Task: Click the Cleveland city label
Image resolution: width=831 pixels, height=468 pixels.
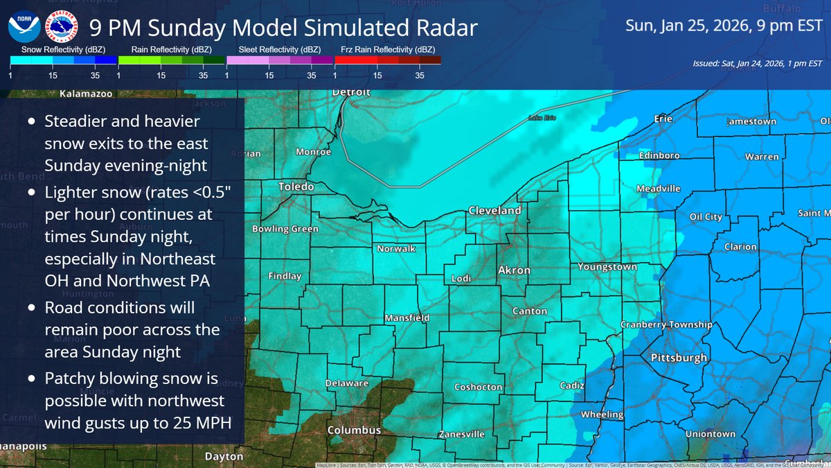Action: pyautogui.click(x=494, y=210)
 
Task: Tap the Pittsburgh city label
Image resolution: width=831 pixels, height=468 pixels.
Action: pyautogui.click(x=679, y=358)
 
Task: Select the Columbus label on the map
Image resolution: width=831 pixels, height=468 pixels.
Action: pyautogui.click(x=354, y=430)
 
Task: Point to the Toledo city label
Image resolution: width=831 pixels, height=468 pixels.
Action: pyautogui.click(x=296, y=187)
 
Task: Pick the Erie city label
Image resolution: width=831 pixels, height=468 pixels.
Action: pyautogui.click(x=663, y=119)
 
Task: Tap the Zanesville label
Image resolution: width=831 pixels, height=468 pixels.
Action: pyautogui.click(x=462, y=434)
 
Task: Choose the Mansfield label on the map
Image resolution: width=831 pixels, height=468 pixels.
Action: pyautogui.click(x=407, y=318)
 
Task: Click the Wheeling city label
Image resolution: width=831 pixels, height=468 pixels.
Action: pyautogui.click(x=602, y=414)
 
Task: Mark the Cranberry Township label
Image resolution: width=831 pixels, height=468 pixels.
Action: pyautogui.click(x=666, y=324)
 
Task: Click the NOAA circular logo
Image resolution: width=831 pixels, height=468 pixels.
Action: pyautogui.click(x=23, y=28)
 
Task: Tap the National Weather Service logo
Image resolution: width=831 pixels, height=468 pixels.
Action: pyautogui.click(x=60, y=28)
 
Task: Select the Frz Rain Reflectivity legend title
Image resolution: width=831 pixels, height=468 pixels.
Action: pyautogui.click(x=388, y=50)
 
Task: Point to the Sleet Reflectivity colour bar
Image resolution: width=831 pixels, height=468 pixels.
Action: pyautogui.click(x=280, y=60)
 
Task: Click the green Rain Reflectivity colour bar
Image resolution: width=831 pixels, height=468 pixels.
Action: pyautogui.click(x=171, y=60)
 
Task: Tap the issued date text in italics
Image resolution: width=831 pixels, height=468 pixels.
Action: pyautogui.click(x=756, y=64)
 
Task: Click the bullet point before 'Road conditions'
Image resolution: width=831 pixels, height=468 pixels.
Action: pyautogui.click(x=32, y=307)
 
